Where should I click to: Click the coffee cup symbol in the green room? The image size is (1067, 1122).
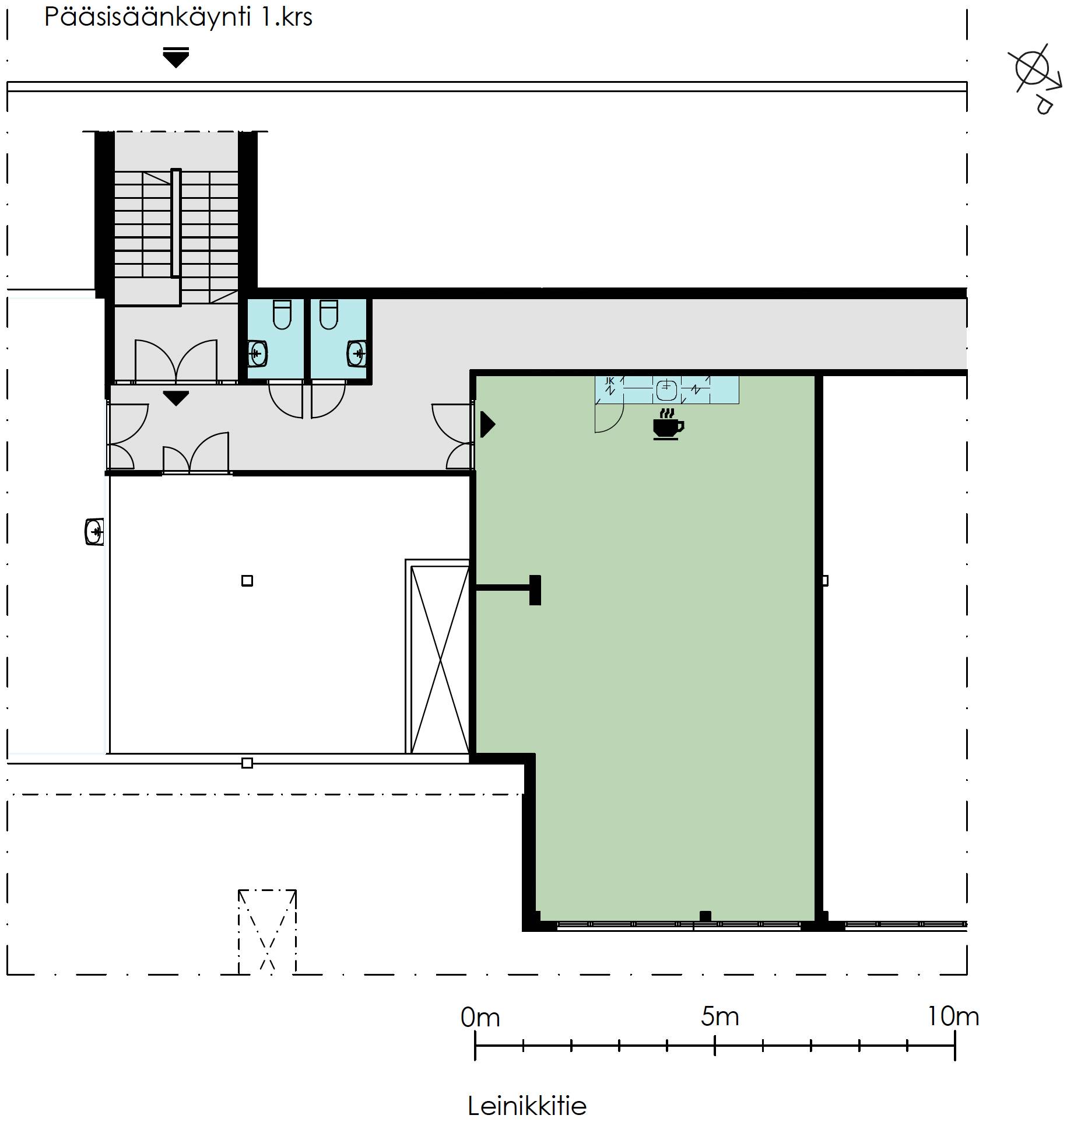click(x=668, y=424)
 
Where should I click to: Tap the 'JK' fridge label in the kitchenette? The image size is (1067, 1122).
click(x=609, y=381)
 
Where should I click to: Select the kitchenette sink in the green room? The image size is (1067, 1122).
click(x=666, y=390)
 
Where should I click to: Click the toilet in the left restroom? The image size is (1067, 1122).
click(x=282, y=314)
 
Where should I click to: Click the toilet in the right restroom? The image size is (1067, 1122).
click(x=329, y=314)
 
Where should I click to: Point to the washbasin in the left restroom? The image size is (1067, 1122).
click(x=258, y=353)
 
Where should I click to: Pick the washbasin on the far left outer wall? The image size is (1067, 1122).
click(x=94, y=531)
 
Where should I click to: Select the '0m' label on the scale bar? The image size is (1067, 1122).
click(x=480, y=1018)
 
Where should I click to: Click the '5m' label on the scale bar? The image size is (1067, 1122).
click(x=719, y=1017)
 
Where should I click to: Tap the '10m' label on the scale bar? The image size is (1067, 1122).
click(x=953, y=1017)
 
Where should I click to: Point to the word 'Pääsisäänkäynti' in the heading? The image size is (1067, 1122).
click(x=148, y=17)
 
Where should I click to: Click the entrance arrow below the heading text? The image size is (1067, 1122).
click(x=176, y=57)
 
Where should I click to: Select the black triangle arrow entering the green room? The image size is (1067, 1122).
click(x=487, y=425)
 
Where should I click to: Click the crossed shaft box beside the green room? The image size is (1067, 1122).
click(x=438, y=657)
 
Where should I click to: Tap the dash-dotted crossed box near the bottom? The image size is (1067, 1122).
click(x=267, y=931)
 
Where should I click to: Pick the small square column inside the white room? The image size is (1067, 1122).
click(x=247, y=580)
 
